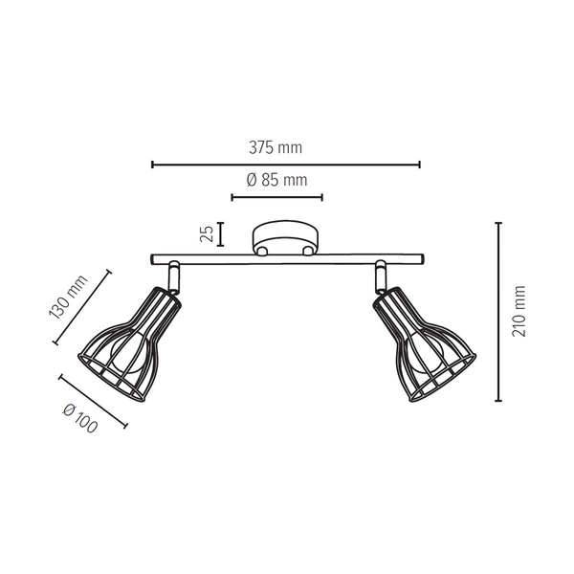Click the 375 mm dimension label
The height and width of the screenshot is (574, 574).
point(276,148)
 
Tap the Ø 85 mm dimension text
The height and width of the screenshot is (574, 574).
point(276,180)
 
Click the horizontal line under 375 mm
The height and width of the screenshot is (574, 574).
point(285,165)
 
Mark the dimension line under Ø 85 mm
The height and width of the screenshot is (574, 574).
point(276,198)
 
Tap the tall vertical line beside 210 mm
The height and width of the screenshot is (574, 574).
point(498,311)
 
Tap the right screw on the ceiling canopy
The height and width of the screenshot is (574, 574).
point(305,252)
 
